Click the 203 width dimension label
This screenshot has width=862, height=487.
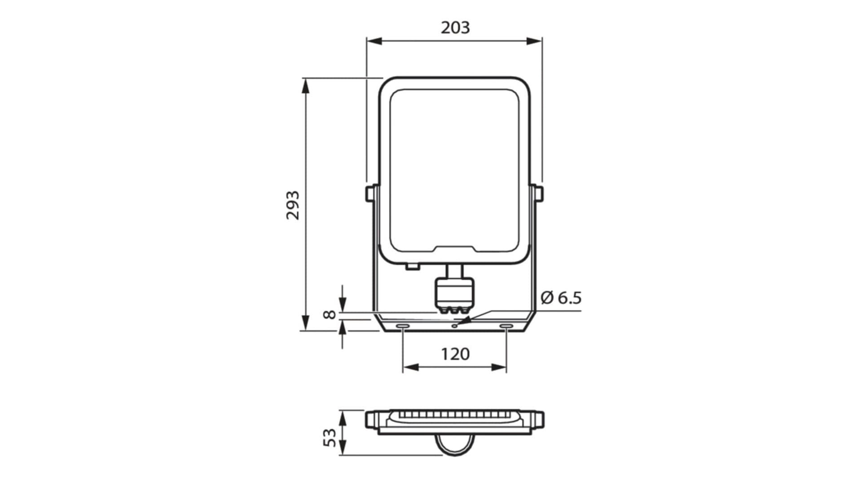pos(455,28)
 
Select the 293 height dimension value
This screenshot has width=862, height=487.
pos(293,205)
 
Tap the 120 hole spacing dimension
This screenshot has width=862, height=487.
pos(455,354)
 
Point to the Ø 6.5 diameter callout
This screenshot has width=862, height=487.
pos(561,297)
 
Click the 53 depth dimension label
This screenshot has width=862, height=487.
pos(330,438)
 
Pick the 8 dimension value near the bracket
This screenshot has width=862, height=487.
pos(330,314)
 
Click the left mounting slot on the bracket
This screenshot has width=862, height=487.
pos(402,326)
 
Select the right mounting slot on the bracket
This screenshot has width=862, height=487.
pos(506,326)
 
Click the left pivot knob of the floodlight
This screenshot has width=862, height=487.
pos(371,193)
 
